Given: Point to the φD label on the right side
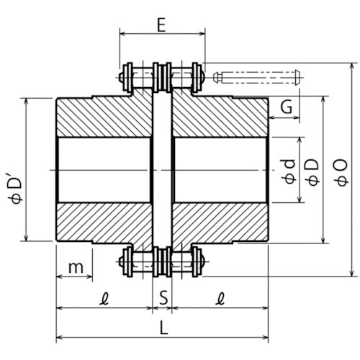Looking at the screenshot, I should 312,171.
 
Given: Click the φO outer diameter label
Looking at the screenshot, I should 341,172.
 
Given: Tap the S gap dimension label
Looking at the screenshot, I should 163,296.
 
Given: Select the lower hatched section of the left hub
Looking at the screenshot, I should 104,224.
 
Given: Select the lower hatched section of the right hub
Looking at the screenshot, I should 220,224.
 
